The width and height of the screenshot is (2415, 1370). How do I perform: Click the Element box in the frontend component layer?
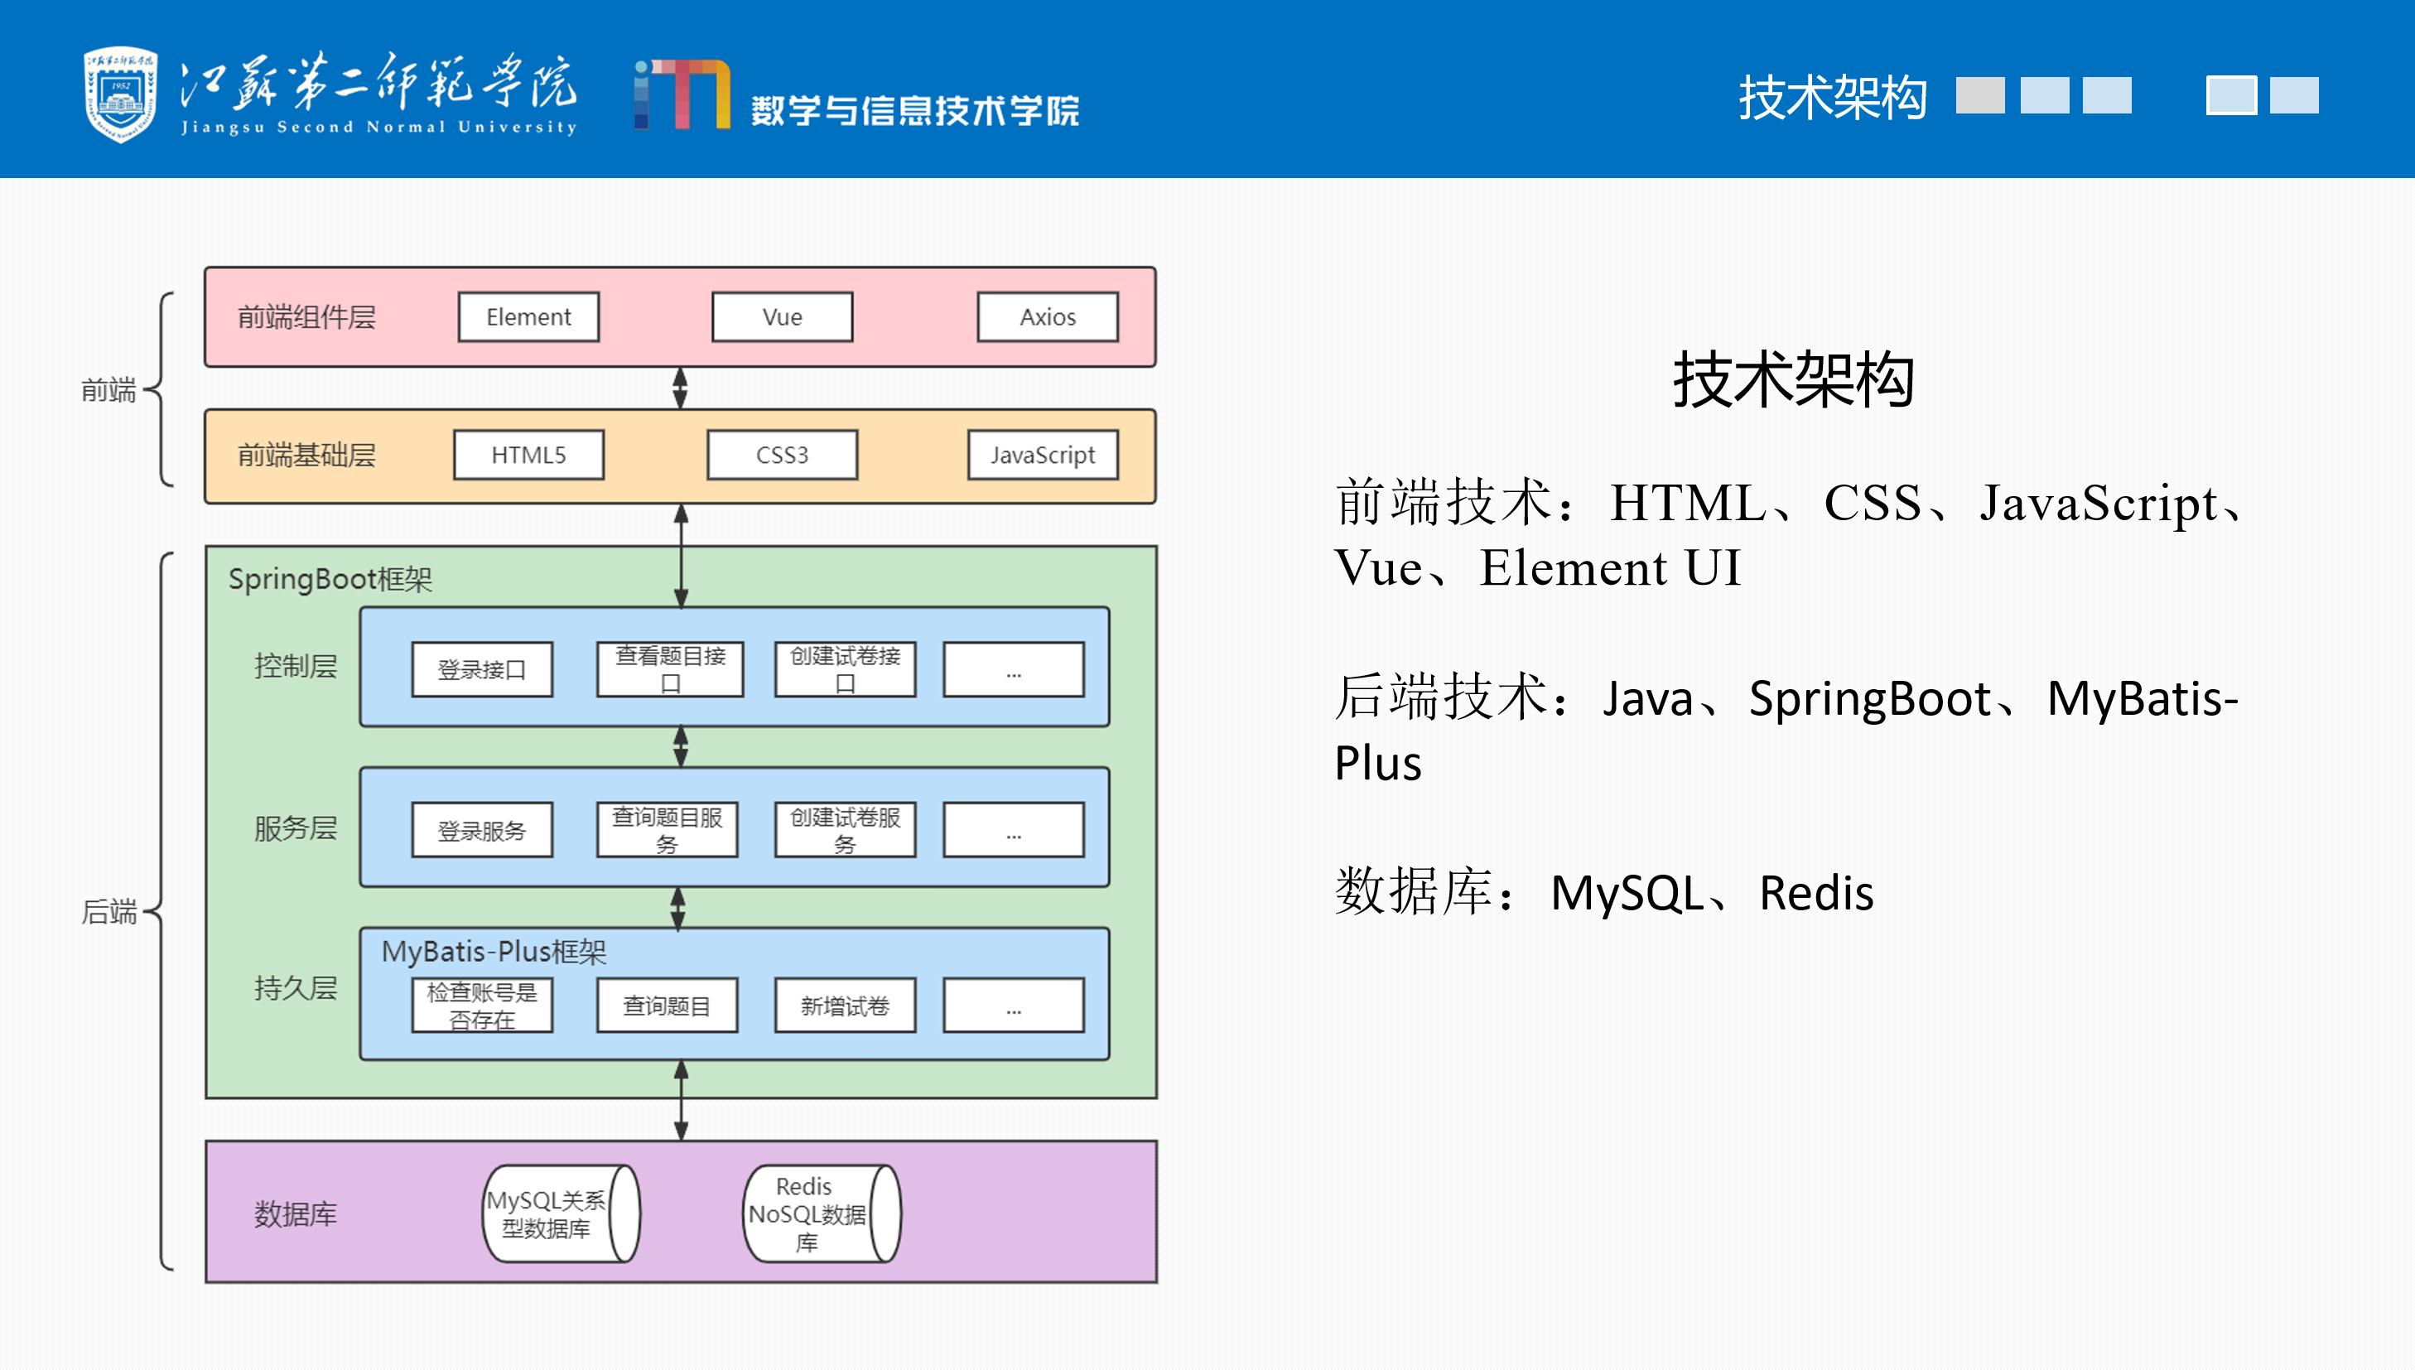528,317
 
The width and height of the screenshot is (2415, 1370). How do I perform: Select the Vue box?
782,317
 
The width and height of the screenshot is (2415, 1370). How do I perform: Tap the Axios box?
1047,317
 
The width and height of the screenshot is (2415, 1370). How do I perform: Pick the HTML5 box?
528,456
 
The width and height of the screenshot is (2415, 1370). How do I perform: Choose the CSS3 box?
782,456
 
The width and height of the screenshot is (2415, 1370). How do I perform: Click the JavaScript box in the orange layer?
1043,456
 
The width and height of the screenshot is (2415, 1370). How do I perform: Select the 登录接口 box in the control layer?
482,670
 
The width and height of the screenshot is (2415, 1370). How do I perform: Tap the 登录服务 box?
482,831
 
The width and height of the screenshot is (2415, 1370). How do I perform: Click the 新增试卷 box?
845,1006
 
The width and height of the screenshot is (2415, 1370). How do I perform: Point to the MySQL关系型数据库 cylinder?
560,1213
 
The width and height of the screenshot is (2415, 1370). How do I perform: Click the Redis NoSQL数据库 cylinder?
821,1213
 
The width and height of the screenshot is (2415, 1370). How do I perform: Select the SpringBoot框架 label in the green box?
330,579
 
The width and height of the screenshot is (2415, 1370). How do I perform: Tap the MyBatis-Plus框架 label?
494,951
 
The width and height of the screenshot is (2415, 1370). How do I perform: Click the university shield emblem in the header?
120,94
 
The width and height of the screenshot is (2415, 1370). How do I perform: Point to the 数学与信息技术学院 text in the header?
914,110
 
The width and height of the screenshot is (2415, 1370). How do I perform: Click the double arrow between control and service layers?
681,746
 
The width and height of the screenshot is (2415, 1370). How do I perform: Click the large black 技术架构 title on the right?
1793,380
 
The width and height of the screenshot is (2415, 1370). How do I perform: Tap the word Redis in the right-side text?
1815,893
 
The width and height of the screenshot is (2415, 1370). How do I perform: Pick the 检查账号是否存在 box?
482,1006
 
